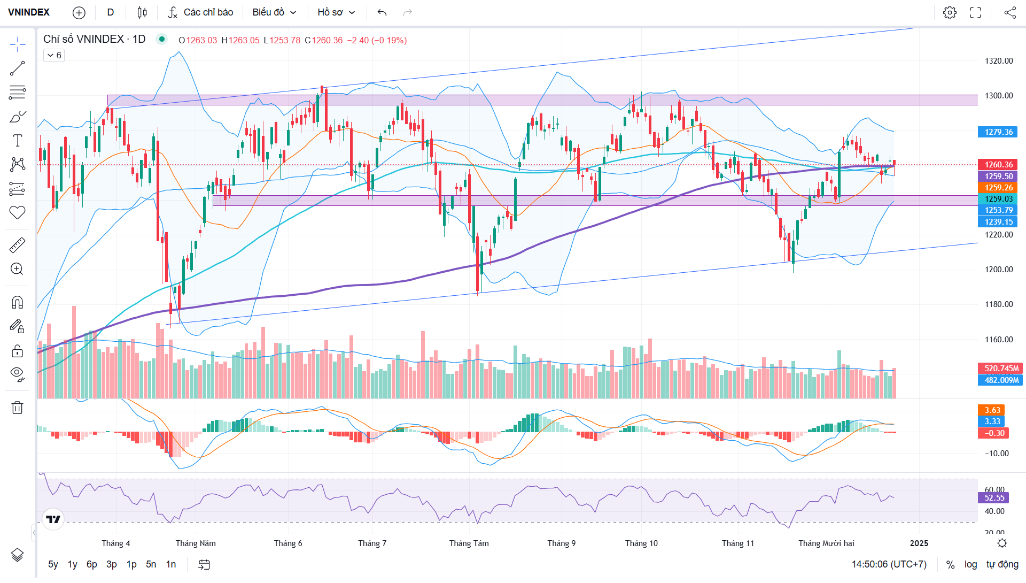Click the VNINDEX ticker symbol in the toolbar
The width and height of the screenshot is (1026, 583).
[29, 12]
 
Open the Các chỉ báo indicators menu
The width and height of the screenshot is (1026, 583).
[201, 12]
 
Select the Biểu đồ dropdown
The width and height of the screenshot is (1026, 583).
[274, 12]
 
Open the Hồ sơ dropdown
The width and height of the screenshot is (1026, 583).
[336, 12]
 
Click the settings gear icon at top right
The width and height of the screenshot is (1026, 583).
[950, 12]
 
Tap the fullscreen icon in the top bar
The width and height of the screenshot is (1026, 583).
[976, 12]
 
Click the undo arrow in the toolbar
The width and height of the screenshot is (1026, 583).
[382, 12]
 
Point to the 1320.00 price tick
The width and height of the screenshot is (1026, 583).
[999, 61]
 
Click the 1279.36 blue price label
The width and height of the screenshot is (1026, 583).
[998, 132]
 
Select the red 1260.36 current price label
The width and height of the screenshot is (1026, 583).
[998, 165]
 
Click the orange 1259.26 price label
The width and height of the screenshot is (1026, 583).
[998, 188]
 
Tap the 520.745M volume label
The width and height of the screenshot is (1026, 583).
[1001, 369]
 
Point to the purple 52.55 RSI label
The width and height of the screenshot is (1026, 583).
[994, 498]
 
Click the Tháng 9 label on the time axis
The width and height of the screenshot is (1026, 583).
[561, 543]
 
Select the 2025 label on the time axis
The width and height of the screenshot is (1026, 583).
[919, 543]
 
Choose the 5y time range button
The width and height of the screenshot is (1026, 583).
[53, 564]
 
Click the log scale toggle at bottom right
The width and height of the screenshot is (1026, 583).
[970, 564]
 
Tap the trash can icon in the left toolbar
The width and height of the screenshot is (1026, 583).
[17, 408]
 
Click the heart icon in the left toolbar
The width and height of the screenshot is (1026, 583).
[17, 212]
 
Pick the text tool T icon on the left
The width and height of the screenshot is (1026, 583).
[17, 141]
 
